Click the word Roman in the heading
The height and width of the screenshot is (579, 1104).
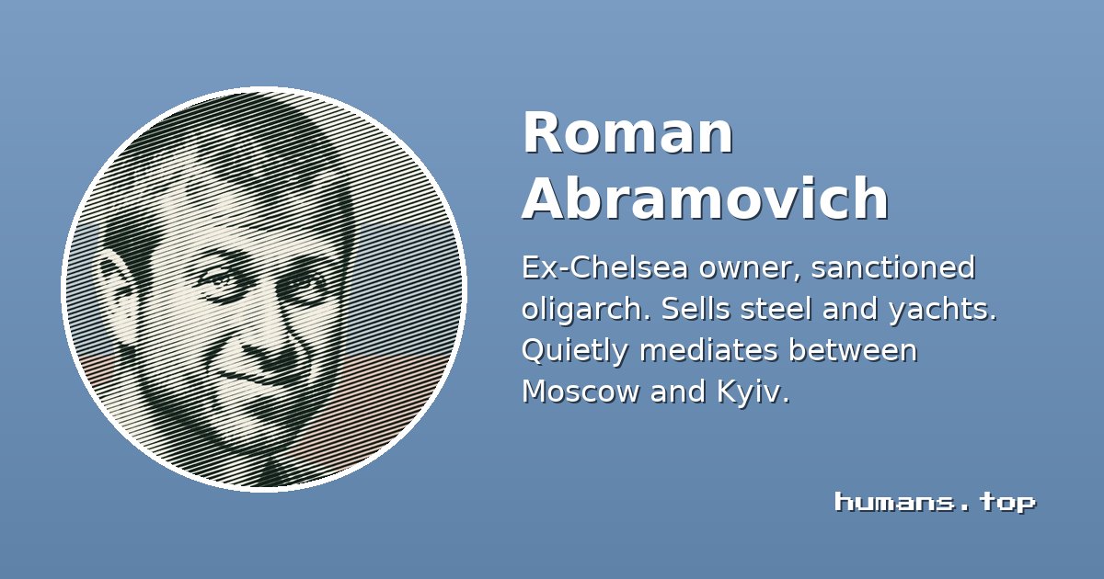(x=627, y=133)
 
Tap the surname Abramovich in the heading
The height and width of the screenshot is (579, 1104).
(x=706, y=198)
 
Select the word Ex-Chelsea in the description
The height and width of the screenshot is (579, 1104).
(x=604, y=267)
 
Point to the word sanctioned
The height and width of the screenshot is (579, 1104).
(x=893, y=267)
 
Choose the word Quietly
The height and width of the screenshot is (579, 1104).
(x=575, y=351)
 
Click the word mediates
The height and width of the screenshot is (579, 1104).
(x=709, y=350)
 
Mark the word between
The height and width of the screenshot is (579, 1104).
(x=853, y=350)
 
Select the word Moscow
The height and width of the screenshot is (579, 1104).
(x=581, y=392)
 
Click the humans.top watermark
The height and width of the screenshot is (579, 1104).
(x=936, y=503)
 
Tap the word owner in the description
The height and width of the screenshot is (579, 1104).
(x=739, y=268)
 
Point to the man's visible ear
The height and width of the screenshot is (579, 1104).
(x=116, y=295)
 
